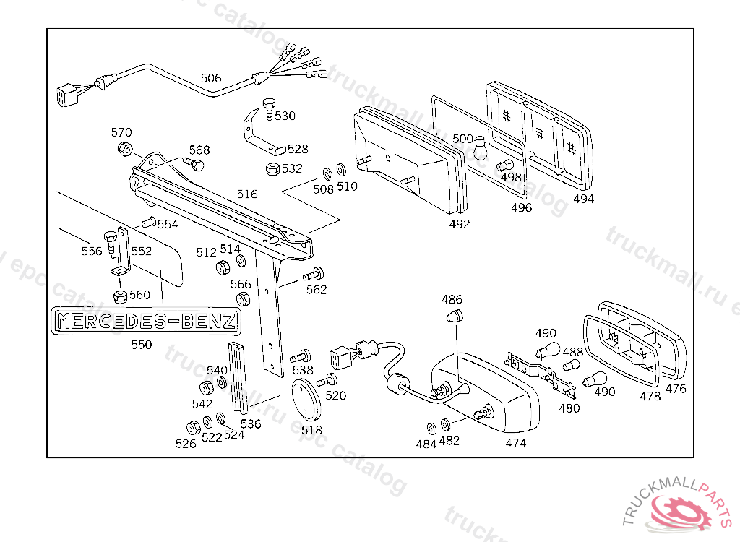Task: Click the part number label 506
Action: click(x=211, y=78)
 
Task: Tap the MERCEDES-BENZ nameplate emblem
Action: click(x=145, y=321)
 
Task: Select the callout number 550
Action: click(x=142, y=345)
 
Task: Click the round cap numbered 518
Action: click(x=307, y=400)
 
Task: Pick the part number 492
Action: click(x=459, y=224)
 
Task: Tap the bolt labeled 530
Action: click(x=270, y=108)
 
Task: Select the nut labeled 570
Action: click(x=124, y=150)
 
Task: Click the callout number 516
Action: click(x=247, y=194)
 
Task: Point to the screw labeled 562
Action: click(x=314, y=275)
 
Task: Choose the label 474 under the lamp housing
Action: click(x=516, y=442)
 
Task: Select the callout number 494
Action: click(x=583, y=199)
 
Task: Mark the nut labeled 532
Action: click(x=272, y=170)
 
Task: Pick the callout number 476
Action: click(x=676, y=389)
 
